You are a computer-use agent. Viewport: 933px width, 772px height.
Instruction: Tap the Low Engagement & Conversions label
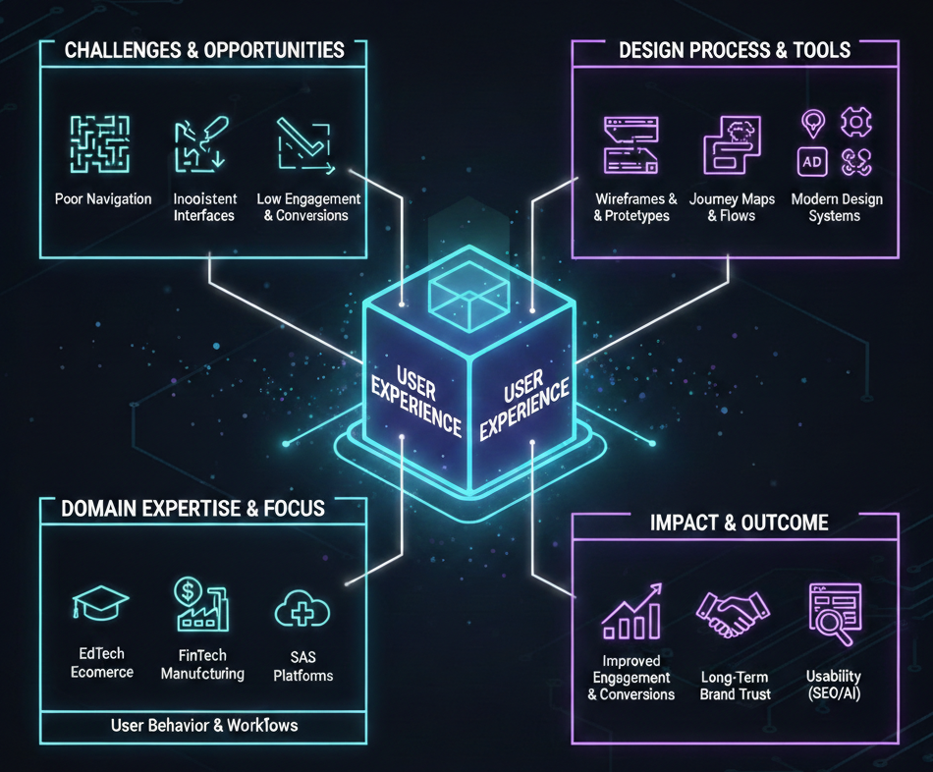pos(308,207)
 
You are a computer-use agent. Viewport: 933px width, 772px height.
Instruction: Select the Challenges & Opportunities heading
pos(204,50)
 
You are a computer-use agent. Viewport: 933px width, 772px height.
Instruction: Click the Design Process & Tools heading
pos(735,50)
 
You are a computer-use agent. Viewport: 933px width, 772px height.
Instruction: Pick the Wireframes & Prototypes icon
pos(631,145)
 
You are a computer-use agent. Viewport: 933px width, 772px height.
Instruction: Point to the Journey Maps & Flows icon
pos(732,145)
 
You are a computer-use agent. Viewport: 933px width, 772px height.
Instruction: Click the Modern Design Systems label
pos(836,207)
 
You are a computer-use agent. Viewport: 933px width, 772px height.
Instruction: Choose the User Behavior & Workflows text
pos(203,726)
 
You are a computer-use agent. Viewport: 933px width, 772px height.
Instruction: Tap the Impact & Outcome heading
pos(739,523)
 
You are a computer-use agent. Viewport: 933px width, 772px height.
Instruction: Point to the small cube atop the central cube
pos(469,292)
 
